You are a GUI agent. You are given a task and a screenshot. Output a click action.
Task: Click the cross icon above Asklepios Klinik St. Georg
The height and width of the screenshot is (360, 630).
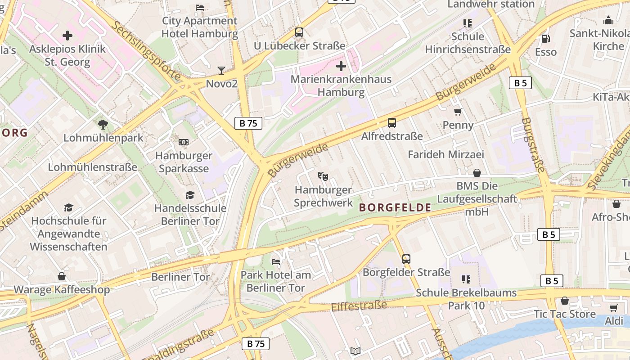67,36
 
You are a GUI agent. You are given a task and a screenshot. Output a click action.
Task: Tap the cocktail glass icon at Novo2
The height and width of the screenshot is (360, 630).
221,70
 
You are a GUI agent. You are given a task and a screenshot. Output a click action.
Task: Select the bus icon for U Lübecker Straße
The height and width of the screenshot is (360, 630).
299,32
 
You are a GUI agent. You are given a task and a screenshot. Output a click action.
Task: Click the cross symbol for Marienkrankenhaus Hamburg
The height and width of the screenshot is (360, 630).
341,67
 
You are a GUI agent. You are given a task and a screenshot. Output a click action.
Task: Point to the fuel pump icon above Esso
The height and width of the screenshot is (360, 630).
545,39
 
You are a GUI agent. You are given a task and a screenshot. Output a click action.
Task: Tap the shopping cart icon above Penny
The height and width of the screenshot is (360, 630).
458,112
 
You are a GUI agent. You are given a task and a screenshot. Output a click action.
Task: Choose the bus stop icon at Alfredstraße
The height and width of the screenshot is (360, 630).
391,122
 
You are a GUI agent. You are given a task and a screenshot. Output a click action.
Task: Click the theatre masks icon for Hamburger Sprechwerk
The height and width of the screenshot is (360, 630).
323,176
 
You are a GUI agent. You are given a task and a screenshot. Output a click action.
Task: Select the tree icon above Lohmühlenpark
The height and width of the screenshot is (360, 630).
103,124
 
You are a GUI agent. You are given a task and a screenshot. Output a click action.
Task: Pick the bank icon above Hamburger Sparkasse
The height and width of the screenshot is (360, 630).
183,142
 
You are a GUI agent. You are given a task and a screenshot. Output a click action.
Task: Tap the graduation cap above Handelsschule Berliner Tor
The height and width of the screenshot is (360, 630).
190,195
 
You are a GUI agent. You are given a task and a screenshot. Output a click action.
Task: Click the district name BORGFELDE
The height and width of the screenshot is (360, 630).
395,208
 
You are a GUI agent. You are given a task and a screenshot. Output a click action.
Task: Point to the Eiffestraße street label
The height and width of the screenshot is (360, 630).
359,306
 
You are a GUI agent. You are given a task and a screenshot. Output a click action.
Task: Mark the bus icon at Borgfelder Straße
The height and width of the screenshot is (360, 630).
406,259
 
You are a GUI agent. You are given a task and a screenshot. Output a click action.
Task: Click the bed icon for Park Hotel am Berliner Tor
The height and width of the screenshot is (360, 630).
276,262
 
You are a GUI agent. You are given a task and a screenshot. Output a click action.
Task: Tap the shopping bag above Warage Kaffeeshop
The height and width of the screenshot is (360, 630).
62,276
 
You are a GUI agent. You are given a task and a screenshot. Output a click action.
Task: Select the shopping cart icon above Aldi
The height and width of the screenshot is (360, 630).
613,308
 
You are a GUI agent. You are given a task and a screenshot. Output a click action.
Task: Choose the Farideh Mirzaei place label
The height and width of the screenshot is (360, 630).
445,155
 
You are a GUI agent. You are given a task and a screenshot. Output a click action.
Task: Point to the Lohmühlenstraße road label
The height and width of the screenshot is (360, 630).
93,167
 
